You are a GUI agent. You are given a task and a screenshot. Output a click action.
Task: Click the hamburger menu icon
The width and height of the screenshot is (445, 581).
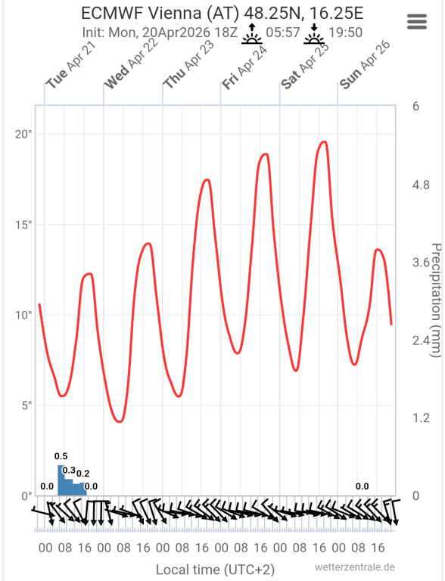[417, 21]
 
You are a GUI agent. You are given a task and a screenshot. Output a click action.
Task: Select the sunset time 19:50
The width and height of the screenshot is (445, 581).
[345, 33]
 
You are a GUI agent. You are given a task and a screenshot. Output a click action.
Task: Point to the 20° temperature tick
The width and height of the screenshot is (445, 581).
[23, 134]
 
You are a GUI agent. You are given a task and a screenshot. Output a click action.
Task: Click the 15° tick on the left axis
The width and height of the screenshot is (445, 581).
[23, 225]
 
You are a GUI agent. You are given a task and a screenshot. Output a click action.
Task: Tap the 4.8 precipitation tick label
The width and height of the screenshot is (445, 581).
[421, 185]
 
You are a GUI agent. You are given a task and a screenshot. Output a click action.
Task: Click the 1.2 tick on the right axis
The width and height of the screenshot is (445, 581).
[421, 418]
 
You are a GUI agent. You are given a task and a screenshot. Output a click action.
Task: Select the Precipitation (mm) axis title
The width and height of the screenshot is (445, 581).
[436, 300]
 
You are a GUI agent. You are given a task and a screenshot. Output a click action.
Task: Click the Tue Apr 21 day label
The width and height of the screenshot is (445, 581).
[71, 66]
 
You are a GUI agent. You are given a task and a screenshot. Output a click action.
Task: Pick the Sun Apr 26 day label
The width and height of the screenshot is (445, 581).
[366, 66]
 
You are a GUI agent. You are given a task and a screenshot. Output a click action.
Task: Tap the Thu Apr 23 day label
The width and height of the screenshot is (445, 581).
[189, 66]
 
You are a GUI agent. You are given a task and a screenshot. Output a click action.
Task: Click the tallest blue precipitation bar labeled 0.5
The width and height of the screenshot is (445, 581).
[61, 480]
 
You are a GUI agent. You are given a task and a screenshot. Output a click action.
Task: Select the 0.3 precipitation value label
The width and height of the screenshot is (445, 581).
[69, 471]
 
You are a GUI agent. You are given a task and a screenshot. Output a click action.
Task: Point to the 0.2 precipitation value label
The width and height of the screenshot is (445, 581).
[83, 474]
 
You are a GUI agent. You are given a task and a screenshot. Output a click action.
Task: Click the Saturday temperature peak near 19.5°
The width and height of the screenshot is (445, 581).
[324, 142]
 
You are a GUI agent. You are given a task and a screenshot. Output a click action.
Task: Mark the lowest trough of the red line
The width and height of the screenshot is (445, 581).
[120, 421]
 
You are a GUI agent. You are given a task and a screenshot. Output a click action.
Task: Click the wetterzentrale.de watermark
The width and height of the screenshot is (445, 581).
[355, 567]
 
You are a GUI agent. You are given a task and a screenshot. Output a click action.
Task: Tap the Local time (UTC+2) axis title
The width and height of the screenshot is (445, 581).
[215, 570]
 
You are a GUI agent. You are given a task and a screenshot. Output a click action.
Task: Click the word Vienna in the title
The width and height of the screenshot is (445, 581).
[175, 14]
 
